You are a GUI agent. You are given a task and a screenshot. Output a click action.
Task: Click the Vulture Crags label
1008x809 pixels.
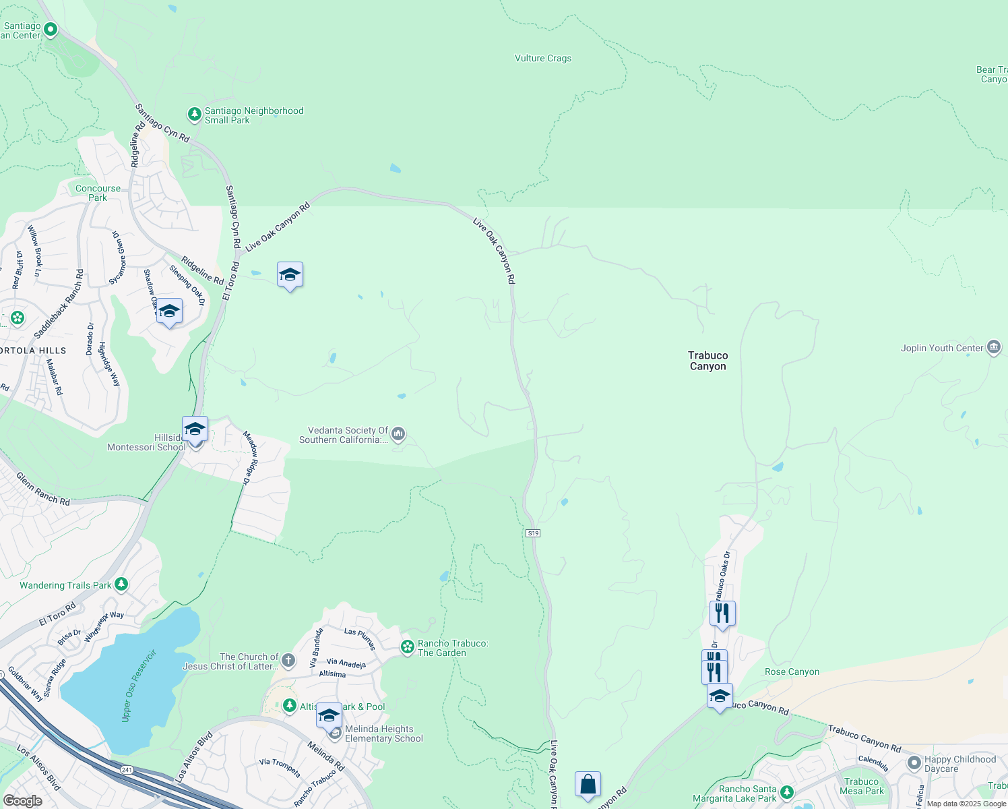pos(543,59)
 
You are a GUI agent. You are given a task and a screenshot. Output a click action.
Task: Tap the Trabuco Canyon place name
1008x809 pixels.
pos(707,361)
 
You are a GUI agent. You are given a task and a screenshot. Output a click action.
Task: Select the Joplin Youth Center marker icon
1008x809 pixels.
pos(993,348)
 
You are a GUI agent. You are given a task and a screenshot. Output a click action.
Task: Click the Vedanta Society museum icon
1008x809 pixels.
pos(398,434)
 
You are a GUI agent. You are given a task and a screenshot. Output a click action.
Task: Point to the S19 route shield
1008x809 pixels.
pos(533,533)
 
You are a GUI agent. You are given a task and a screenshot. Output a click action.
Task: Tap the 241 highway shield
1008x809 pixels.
pos(127,769)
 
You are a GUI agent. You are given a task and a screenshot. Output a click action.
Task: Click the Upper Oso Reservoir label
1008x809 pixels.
pos(139,686)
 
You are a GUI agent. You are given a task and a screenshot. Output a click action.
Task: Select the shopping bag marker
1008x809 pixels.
pos(588,784)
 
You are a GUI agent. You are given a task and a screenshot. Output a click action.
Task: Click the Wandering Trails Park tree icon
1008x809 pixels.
pos(121,585)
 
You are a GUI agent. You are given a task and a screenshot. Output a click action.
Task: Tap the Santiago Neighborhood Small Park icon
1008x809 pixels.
pos(195,115)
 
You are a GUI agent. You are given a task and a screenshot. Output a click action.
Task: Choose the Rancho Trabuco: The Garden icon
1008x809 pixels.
pos(407,647)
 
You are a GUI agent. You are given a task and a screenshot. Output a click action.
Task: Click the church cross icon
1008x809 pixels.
pos(288,661)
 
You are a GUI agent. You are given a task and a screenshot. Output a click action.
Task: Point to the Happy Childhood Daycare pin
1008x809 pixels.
pos(914,763)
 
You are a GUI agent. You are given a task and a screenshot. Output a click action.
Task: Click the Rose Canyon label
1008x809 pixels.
pos(792,672)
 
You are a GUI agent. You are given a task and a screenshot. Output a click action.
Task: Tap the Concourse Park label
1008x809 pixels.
pos(98,193)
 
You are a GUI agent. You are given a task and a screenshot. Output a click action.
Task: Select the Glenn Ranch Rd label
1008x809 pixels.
pos(43,489)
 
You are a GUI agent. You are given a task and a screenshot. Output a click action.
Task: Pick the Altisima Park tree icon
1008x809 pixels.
pos(290,706)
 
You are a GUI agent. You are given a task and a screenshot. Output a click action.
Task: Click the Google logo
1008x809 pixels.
pos(22,801)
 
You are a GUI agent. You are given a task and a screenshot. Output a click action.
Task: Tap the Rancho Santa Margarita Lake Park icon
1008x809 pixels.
pos(786,793)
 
